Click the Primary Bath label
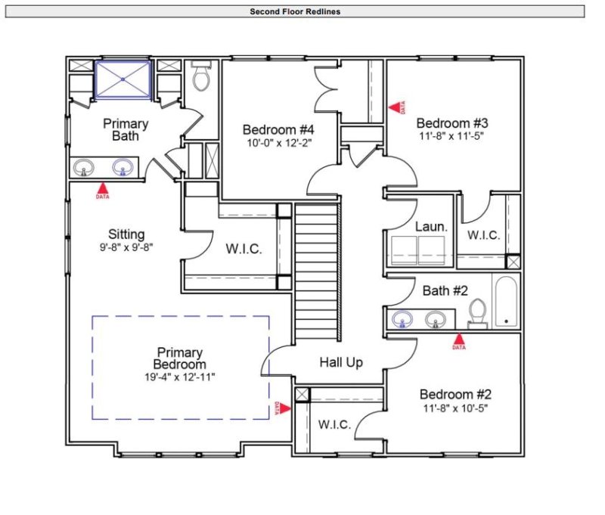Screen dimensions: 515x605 coord(126,129)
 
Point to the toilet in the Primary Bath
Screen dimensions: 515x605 coord(201,77)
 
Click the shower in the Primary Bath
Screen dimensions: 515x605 coord(123,79)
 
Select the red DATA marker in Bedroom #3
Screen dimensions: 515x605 coord(395,107)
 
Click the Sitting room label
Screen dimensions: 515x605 coord(126,234)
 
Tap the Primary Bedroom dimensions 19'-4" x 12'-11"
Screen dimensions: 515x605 coord(180,376)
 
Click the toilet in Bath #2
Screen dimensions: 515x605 coord(476,312)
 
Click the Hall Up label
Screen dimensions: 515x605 coord(340,362)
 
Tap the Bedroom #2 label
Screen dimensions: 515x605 coord(455,394)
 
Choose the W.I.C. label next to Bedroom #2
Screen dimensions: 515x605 coord(334,424)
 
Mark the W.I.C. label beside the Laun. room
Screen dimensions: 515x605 coord(483,235)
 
